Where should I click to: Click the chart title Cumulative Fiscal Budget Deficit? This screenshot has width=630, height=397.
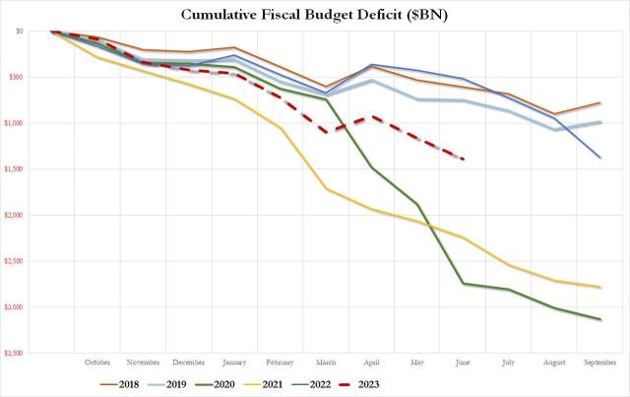click(315, 14)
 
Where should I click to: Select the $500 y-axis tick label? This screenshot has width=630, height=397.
click(17, 77)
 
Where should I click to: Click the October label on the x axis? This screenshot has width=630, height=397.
click(97, 362)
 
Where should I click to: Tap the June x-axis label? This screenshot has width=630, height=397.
click(463, 362)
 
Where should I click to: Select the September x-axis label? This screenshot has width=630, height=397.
click(601, 362)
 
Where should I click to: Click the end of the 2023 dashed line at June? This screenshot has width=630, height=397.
click(464, 159)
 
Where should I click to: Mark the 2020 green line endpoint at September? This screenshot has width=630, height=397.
click(601, 319)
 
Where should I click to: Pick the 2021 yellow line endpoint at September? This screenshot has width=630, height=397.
click(601, 288)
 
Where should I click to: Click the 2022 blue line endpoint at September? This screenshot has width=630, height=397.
click(601, 158)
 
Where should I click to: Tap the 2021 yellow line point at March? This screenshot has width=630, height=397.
click(326, 189)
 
